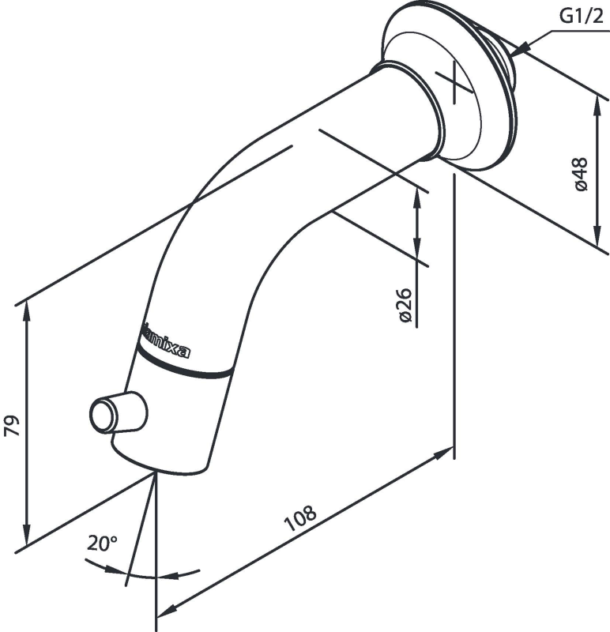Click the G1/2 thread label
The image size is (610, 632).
tap(581, 15)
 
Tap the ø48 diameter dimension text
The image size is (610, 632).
tap(582, 175)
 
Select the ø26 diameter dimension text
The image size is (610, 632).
tap(405, 305)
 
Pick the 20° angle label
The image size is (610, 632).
tap(102, 543)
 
